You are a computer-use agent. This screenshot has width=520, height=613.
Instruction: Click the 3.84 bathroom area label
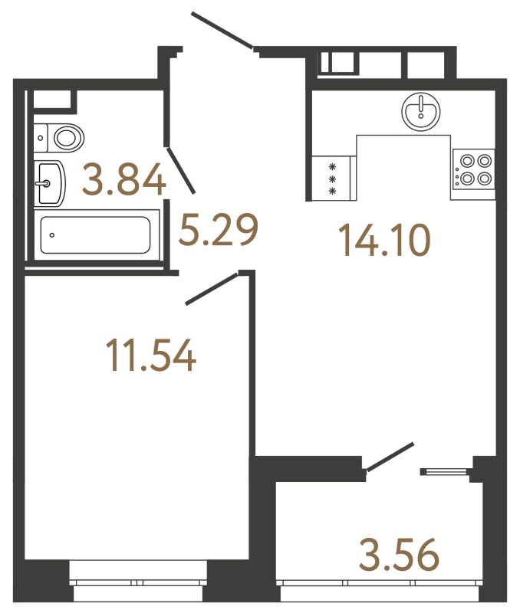126,182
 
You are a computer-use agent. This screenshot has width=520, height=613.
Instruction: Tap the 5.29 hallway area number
218,230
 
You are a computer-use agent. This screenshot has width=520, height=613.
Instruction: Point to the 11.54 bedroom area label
152,357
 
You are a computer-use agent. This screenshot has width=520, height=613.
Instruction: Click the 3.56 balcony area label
397,555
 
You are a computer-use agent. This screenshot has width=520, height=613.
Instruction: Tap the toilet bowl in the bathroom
67,138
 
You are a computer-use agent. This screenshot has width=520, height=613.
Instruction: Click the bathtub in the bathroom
95,234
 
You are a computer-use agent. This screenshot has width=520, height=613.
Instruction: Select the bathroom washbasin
49,183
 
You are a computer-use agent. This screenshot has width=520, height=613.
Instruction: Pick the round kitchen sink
420,111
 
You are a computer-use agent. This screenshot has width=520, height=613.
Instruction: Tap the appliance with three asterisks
333,179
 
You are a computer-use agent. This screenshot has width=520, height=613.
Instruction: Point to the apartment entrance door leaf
222,31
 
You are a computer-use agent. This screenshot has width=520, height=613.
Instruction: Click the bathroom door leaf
183,169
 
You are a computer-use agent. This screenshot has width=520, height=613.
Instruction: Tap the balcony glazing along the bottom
380,592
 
